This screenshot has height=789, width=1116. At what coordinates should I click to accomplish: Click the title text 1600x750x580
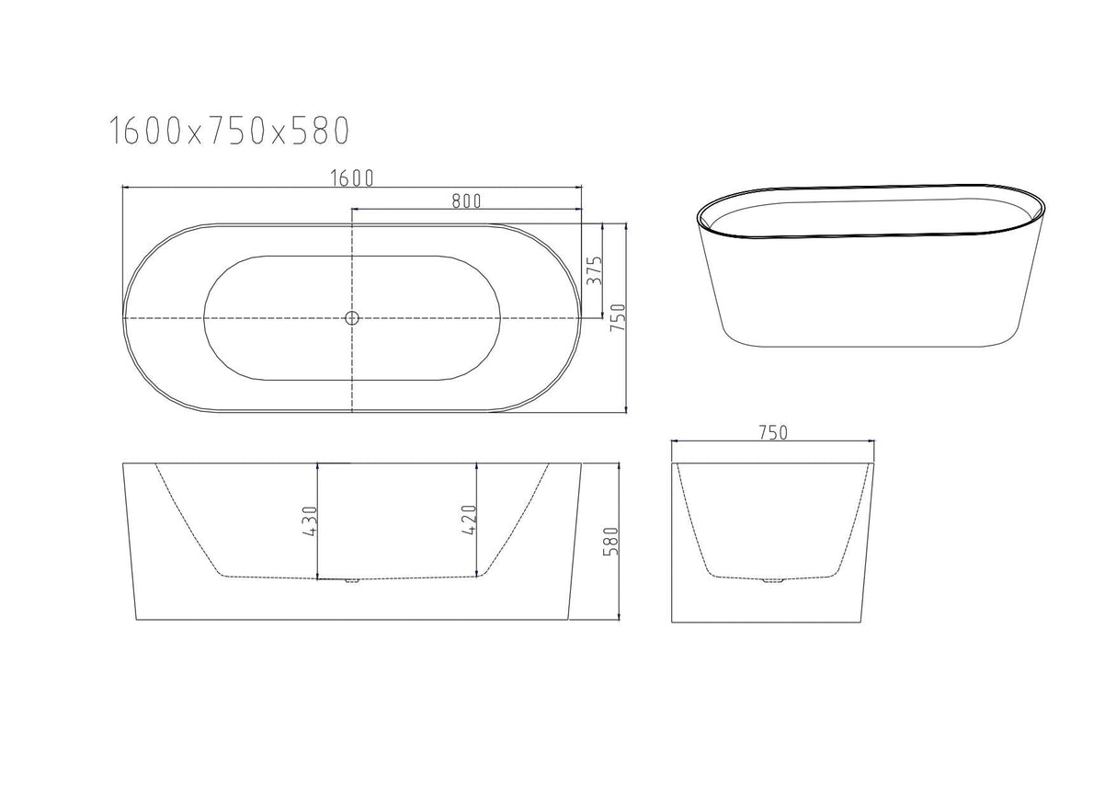coord(229,131)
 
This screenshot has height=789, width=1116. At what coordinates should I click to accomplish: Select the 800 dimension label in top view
coord(467,200)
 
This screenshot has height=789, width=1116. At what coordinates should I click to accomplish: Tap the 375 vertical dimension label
coord(595,270)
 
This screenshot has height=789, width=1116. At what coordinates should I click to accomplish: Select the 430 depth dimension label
coord(310,520)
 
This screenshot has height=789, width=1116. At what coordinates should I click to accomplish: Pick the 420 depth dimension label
coord(469,520)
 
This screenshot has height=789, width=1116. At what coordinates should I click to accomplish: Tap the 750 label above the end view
coord(773,432)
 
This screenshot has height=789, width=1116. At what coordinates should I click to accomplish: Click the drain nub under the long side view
coord(349,581)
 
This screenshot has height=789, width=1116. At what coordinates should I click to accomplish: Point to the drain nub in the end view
coord(773,581)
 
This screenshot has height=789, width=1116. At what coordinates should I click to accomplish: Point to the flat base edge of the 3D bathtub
coord(864,347)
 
